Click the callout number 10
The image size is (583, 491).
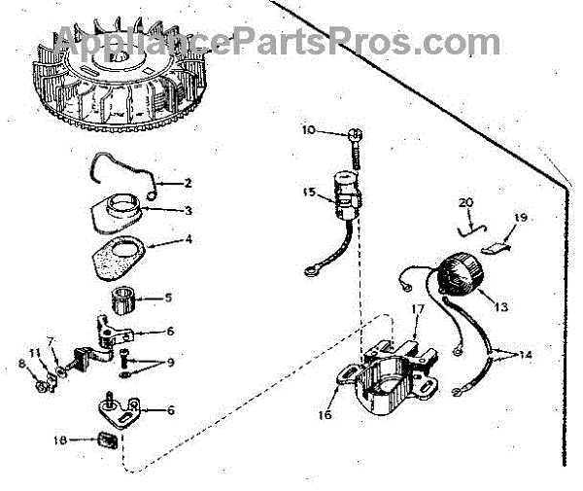coord(308,129)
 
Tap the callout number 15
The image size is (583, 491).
coord(309,193)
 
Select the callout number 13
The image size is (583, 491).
coord(500,306)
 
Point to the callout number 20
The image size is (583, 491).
coord(466,201)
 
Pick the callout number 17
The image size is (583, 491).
coord(418,309)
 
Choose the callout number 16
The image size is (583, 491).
coord(324,414)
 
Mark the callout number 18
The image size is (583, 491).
coord(60,439)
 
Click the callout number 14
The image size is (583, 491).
coord(526,355)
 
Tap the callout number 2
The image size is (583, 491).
coord(189,182)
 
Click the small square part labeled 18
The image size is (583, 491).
coord(105,442)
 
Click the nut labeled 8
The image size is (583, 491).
coord(43,385)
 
